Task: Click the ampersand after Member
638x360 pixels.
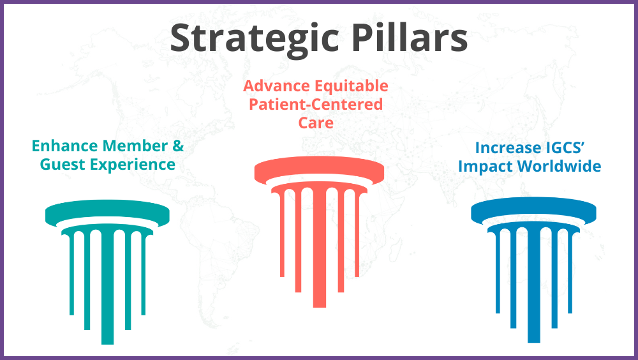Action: coord(178,146)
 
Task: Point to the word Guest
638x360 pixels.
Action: coord(61,165)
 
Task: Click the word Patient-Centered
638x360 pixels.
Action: coord(316,103)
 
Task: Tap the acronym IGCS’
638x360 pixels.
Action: coord(570,148)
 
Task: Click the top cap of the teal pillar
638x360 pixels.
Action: coord(107,214)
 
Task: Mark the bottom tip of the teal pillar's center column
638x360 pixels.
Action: coord(107,341)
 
